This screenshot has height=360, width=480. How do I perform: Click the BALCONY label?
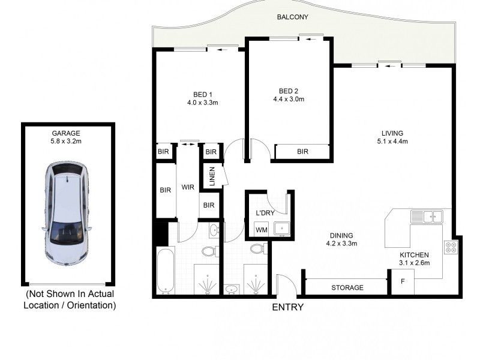pos(293,17)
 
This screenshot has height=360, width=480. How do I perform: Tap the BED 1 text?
pos(202,94)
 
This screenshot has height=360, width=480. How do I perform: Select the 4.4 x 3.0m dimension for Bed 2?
pos(289,99)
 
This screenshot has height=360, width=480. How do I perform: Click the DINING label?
pos(341,235)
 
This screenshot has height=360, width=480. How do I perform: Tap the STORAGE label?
pos(347,287)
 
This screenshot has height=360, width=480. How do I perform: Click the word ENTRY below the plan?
pos(288,307)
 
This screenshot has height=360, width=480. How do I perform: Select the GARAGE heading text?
pos(66,133)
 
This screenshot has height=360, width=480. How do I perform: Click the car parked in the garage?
pos(66,213)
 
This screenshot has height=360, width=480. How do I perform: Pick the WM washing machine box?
pos(261,229)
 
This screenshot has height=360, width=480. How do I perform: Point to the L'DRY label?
pos(265,214)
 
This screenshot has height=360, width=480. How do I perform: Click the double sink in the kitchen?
pos(426,216)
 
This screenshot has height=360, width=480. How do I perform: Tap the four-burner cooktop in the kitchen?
pos(450,247)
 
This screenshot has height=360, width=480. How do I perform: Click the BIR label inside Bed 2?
pos(302,152)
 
